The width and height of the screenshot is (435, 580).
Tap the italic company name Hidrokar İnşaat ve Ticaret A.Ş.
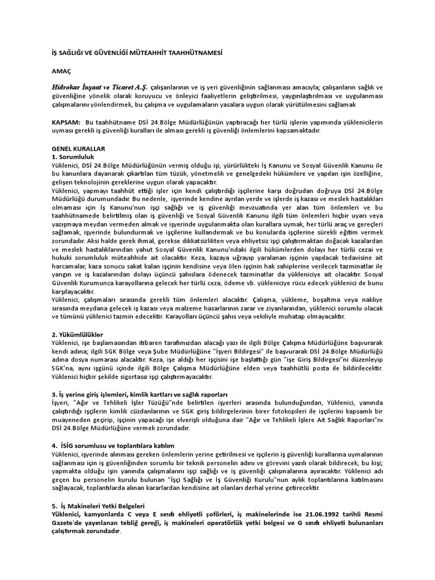(x=99, y=88)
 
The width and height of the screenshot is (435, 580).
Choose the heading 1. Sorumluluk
(x=72, y=156)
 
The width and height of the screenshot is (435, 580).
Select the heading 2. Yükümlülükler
(x=77, y=335)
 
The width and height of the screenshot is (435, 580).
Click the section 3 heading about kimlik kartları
(x=139, y=394)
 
